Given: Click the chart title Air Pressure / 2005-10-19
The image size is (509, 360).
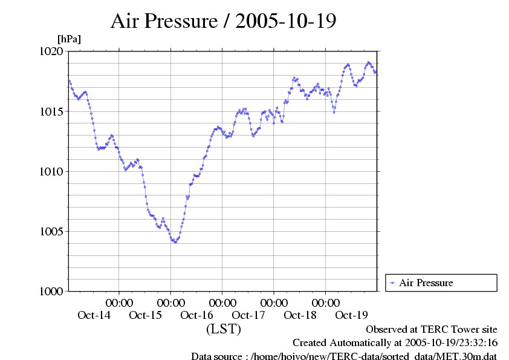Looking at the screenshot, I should coord(224,21).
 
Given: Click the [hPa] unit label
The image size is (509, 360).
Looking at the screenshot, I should coord(69,39).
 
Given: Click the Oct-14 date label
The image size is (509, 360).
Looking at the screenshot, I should coord(94,315).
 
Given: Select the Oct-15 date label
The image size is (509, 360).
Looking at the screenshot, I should coord(146,315).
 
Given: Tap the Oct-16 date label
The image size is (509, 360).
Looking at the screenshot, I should coord(197,315).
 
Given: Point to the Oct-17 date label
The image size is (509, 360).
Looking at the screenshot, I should coord(248,315).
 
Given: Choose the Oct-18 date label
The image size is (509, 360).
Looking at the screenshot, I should coord(300,315).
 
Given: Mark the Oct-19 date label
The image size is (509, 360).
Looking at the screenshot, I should coord(351,315).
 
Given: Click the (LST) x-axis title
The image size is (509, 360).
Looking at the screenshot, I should coord(224,330).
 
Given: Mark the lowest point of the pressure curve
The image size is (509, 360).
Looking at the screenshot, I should coord(175,242).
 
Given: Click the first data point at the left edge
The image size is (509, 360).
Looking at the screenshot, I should coord(69,81).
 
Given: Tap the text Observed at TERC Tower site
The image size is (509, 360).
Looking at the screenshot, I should coord(432,330).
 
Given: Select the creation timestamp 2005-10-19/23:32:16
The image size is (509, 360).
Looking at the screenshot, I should coord(447,343).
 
